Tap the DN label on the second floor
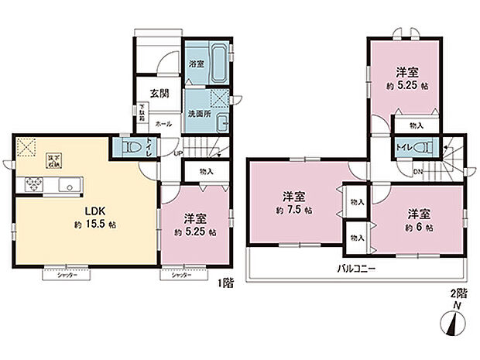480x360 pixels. point(417,170)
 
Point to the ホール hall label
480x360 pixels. point(163,124)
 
